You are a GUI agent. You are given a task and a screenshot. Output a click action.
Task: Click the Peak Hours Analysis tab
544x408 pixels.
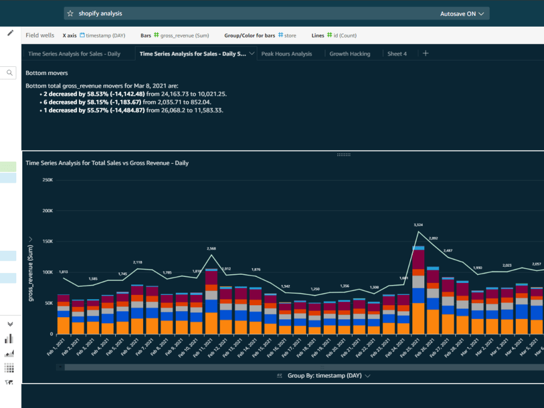point(287,54)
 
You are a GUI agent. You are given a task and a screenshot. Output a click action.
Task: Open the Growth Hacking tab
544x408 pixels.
point(350,54)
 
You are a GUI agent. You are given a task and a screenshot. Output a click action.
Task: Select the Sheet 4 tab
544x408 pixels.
point(397,54)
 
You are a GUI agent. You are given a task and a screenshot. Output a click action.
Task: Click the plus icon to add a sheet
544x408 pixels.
point(426,53)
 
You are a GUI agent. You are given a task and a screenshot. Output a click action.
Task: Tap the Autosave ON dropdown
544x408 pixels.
point(462,14)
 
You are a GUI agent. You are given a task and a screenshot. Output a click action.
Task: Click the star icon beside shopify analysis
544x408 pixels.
point(70,14)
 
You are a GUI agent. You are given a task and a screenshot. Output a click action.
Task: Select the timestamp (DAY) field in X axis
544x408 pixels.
point(105,35)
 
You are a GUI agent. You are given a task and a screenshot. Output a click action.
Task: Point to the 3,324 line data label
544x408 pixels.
point(418,225)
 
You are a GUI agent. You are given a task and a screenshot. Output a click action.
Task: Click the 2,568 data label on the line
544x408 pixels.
point(212,249)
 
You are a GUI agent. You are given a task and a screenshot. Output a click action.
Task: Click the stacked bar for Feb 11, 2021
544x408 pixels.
point(212,301)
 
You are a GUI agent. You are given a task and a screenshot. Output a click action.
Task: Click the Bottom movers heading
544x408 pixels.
point(47,72)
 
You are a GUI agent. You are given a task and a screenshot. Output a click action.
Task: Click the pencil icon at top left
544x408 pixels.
point(10,33)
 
